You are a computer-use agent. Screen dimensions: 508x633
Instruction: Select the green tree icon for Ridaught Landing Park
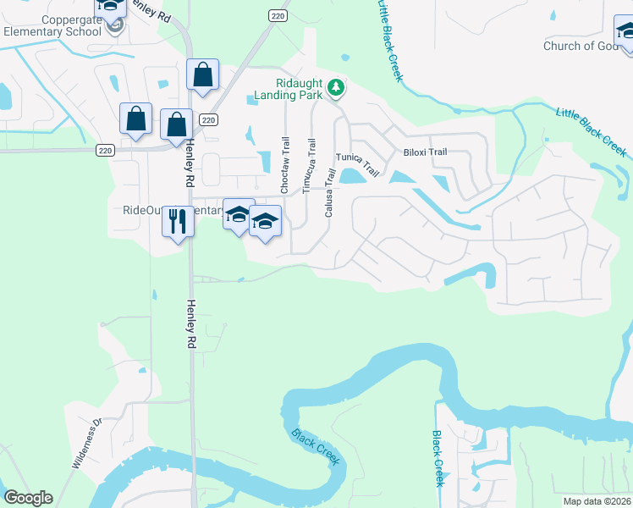[x=336, y=86]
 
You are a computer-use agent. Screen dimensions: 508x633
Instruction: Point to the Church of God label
[x=581, y=46]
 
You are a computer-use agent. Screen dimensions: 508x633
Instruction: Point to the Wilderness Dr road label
[x=86, y=444]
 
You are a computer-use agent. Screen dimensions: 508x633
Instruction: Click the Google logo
[x=28, y=498]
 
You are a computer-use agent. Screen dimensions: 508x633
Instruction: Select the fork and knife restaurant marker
[x=178, y=222]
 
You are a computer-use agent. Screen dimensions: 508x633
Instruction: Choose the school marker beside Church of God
[x=627, y=31]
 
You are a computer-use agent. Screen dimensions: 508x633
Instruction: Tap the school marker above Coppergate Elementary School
[x=111, y=7]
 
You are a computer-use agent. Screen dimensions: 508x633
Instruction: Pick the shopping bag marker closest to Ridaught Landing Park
[x=203, y=75]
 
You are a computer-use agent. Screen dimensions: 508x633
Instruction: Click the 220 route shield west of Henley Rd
[x=105, y=151]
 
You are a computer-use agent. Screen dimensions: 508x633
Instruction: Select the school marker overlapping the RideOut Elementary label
[x=239, y=213]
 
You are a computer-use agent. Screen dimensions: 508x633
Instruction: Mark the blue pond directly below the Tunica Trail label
[x=350, y=177]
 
